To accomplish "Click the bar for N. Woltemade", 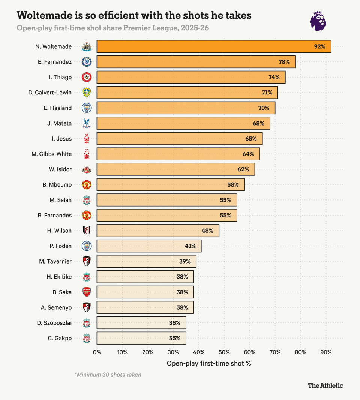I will click(214, 46).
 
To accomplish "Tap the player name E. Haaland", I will click(57, 108).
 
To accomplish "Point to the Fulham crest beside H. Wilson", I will click(87, 231).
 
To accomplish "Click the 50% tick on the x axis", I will click(224, 352).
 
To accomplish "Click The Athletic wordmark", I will click(325, 385).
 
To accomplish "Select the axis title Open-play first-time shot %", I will click(208, 363).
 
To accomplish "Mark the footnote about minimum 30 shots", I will click(108, 375).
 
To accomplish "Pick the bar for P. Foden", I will click(149, 246).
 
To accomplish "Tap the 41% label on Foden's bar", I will click(190, 246).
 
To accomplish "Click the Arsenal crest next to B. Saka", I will click(87, 292).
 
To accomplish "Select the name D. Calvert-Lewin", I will click(50, 93).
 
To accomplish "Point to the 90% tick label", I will click(326, 352).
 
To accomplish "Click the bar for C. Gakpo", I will click(141, 338).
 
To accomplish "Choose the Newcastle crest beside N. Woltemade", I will click(87, 47).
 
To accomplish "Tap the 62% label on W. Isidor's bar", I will click(243, 169).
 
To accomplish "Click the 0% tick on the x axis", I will click(97, 352).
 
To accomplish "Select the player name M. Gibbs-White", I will click(52, 154).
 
